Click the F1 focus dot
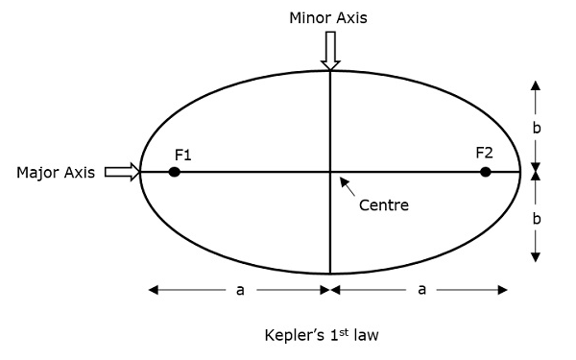pos(174,172)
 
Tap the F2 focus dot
pos(486,172)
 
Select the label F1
pos(184,154)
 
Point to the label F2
pos(484,153)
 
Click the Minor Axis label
pos(329,18)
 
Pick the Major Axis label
pos(56,173)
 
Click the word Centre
pos(384,204)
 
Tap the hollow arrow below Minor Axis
pos(330,50)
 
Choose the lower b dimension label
pos(537,219)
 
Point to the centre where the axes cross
pos(330,172)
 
